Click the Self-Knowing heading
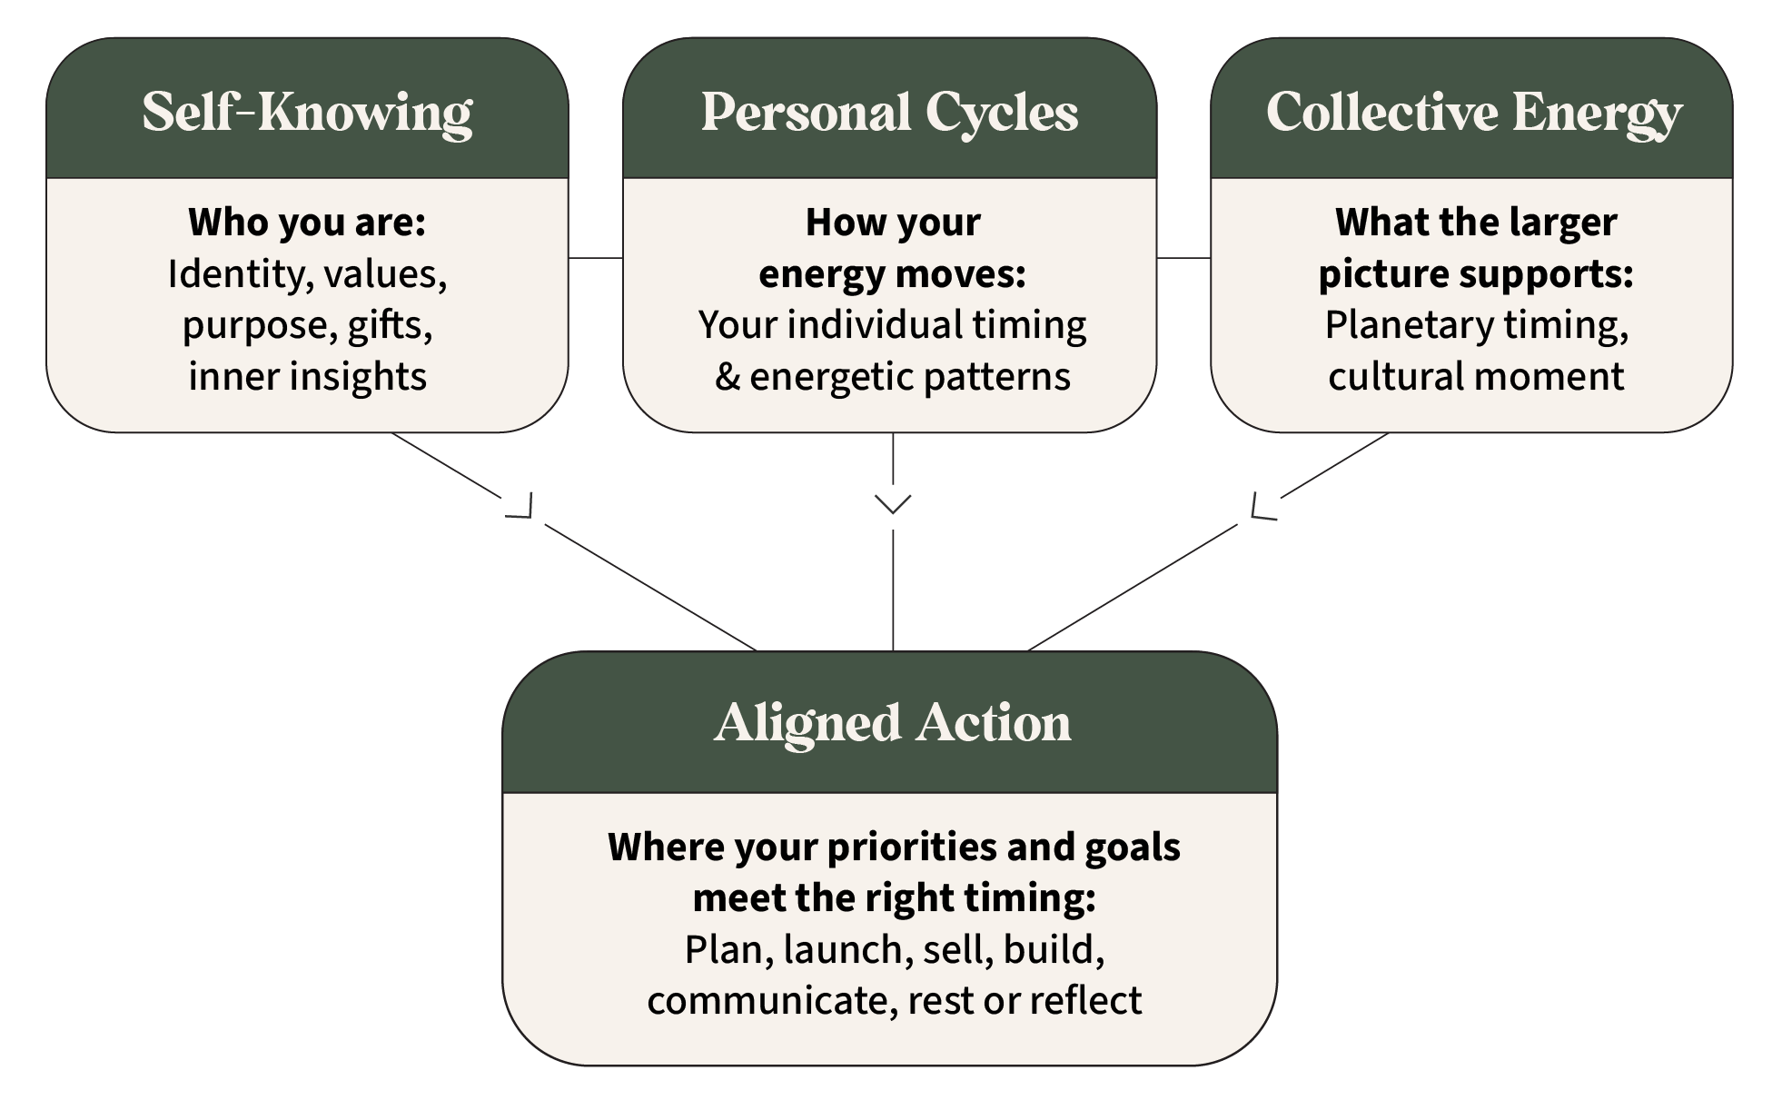coord(307,113)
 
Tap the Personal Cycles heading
coord(889,113)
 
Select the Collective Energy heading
coord(1473,113)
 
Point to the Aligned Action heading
coord(892,723)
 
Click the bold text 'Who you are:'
coord(307,223)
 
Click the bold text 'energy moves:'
coord(892,274)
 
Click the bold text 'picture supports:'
coord(1475,274)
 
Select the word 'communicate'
coord(771,1001)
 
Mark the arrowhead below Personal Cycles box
coord(893,504)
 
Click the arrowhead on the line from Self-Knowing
coord(521,507)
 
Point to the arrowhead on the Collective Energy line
coord(1262,509)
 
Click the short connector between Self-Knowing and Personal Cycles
coord(595,258)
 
